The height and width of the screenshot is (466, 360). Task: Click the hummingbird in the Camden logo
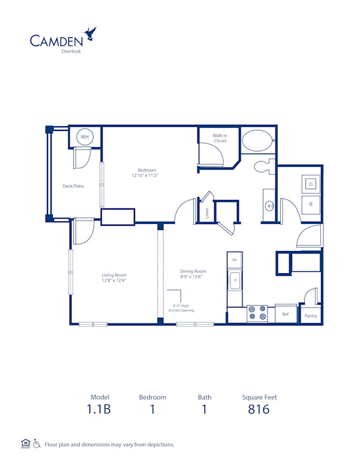pos(91,34)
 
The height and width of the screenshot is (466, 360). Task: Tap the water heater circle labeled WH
pos(85,138)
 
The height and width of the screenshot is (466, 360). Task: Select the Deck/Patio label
pos(74,186)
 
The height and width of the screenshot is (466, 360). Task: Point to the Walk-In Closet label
pos(220,138)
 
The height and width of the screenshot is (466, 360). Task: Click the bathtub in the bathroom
pos(257,141)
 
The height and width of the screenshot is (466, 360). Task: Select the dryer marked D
pos(311,184)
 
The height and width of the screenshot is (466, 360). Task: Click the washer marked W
pos(311,204)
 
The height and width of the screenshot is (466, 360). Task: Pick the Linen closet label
pos(206,213)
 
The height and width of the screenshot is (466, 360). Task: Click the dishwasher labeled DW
pos(235,259)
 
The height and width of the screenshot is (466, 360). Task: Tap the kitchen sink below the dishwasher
pos(235,280)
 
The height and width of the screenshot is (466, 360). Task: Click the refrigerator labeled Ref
pos(286,314)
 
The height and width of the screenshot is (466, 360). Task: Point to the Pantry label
pos(310,316)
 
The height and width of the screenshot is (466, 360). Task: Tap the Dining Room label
pos(193,271)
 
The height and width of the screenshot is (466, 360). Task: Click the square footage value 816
pos(259,410)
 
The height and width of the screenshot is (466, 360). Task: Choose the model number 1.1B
pos(100,410)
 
